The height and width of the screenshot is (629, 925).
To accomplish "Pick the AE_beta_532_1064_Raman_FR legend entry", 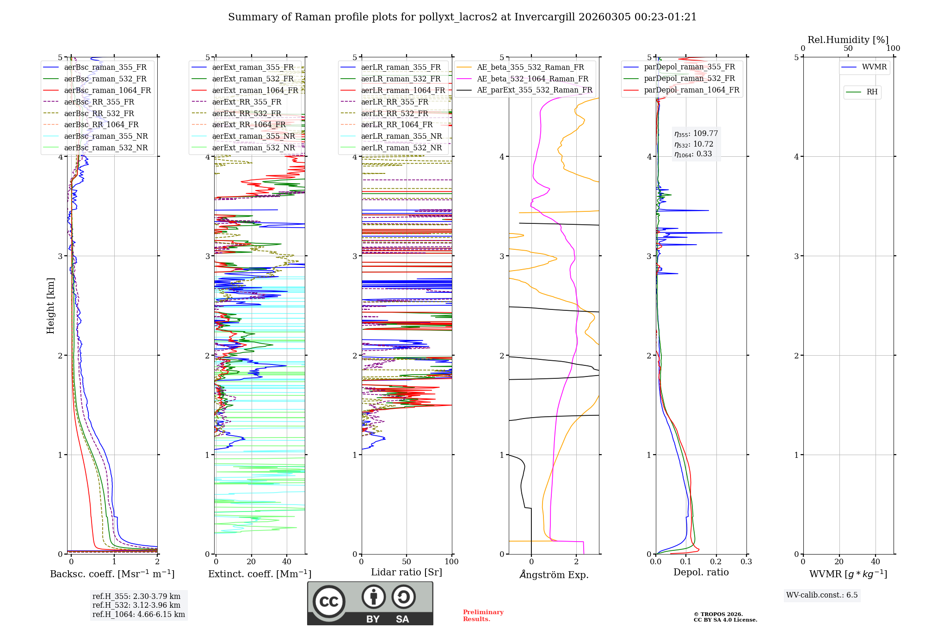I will point(532,79).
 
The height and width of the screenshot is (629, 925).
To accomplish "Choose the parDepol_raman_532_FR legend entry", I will point(689,79).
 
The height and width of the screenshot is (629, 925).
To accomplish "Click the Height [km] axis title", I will point(50,306).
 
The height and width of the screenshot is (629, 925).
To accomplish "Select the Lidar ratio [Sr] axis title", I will point(407,572).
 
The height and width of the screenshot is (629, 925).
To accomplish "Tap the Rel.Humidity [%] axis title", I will point(848,40).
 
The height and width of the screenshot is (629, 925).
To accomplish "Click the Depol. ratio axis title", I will point(701,572).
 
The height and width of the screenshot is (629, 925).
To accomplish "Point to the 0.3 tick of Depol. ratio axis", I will point(746,562).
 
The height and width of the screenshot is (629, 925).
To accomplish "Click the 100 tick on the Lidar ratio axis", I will point(451,562).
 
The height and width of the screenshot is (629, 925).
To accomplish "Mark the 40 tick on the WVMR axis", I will point(875,562).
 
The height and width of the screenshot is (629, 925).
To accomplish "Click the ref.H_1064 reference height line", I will point(138,615).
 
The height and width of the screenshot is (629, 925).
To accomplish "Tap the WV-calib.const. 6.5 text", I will point(822,595).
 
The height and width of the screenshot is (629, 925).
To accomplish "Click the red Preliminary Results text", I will point(483,616).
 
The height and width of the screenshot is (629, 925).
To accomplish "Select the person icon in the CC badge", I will point(373,597).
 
